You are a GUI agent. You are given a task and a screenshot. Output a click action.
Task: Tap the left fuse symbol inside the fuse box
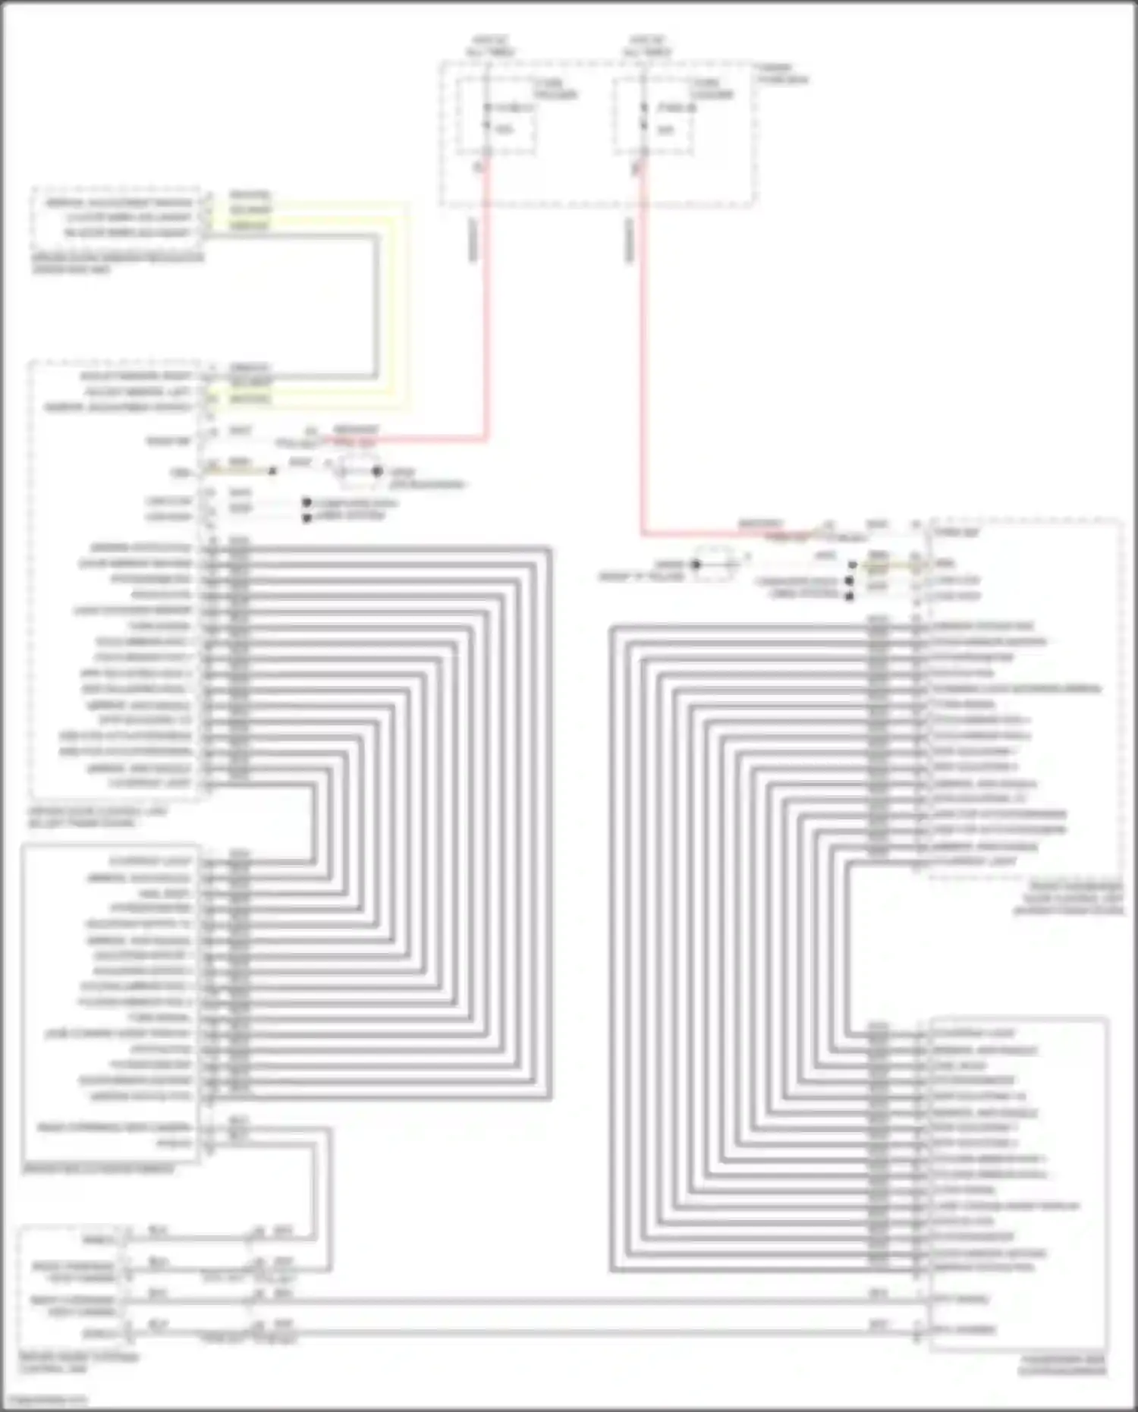(x=488, y=118)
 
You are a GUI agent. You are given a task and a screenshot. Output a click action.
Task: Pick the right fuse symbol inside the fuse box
(x=644, y=118)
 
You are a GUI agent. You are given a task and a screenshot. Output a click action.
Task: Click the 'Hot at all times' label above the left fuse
(x=491, y=46)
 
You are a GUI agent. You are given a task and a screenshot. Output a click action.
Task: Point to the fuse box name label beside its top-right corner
(x=781, y=74)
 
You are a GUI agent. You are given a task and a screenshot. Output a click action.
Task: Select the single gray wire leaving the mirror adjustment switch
(x=376, y=303)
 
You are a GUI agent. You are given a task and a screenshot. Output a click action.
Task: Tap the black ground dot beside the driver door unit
(x=377, y=471)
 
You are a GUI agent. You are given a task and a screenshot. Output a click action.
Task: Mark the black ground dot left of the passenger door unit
(x=696, y=564)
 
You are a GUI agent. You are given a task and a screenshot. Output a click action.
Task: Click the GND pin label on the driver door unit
(x=181, y=472)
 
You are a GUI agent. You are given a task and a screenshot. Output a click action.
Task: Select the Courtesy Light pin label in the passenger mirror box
(x=973, y=1033)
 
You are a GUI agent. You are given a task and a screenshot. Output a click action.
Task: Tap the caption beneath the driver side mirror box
(x=99, y=1169)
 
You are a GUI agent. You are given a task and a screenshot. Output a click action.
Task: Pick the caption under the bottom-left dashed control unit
(x=79, y=1363)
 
